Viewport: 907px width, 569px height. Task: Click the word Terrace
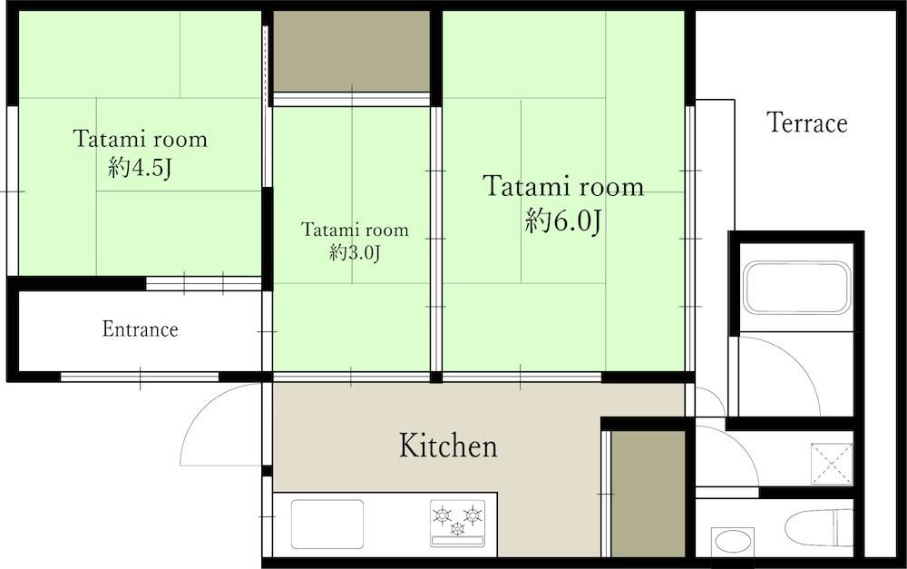(807, 123)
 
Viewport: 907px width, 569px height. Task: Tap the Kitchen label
(448, 446)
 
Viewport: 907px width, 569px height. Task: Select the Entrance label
(140, 329)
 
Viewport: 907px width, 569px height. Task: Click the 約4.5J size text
(140, 168)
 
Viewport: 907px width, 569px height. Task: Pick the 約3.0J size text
(355, 252)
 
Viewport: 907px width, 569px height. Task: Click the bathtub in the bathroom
(797, 288)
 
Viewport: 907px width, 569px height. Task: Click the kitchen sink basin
(327, 524)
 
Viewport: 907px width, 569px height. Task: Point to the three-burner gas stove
(457, 524)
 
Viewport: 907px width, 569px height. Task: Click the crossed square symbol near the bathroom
(831, 464)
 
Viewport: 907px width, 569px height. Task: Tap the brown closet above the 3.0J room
(352, 51)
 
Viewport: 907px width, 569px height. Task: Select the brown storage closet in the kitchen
(649, 494)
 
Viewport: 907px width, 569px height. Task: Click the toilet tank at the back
(843, 527)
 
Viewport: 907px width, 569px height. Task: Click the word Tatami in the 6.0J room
(521, 186)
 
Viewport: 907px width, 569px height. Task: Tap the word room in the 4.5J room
(183, 140)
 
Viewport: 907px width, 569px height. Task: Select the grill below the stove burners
(457, 541)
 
